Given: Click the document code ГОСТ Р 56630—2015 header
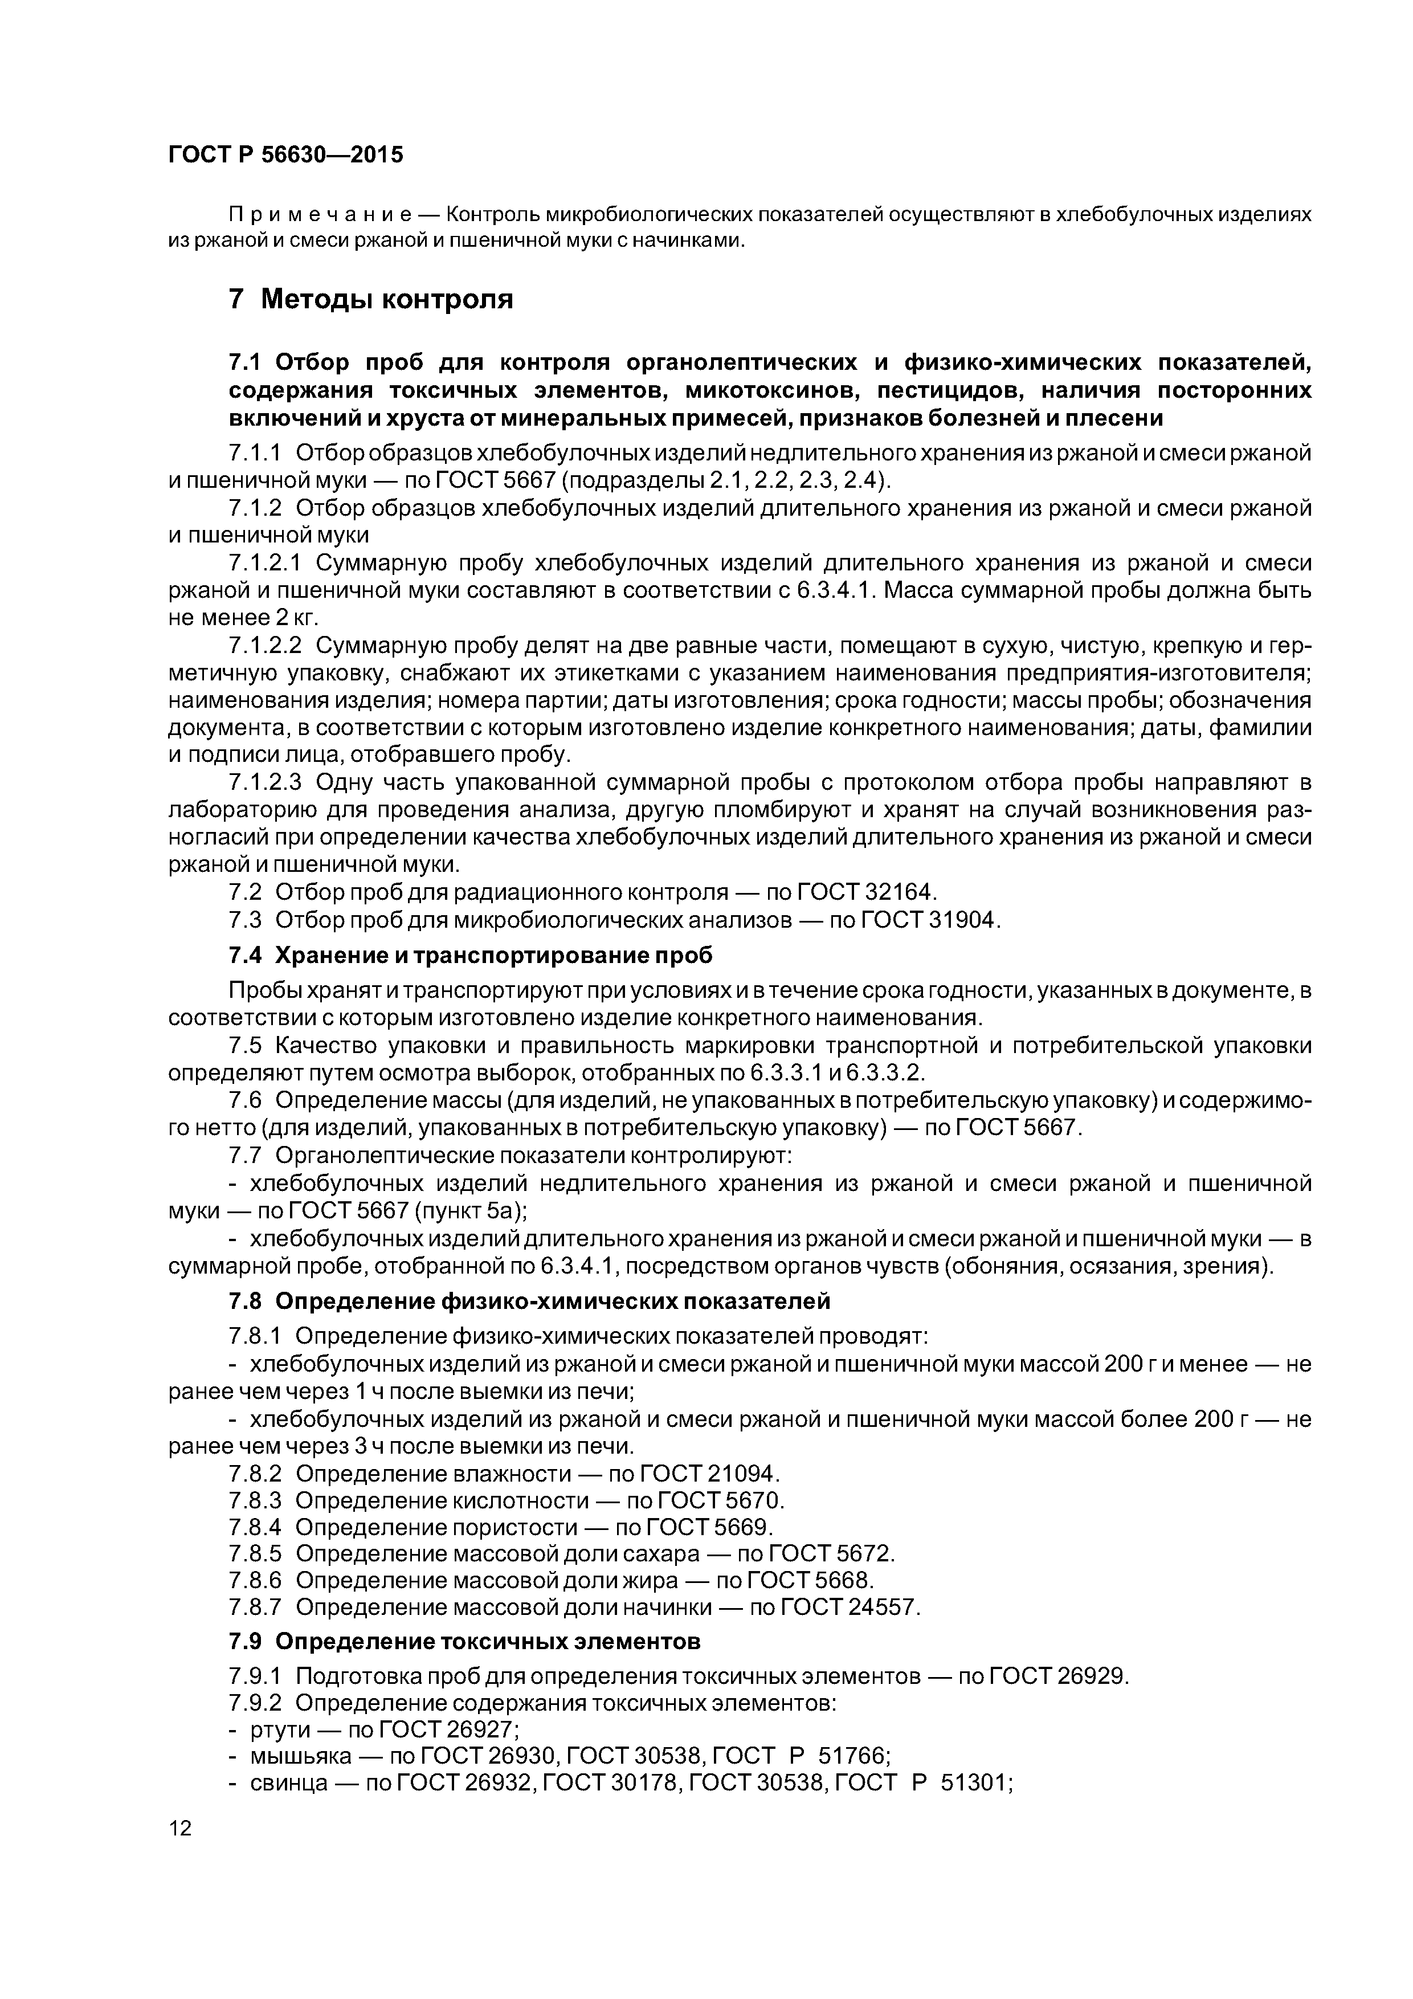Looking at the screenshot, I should click(285, 155).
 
